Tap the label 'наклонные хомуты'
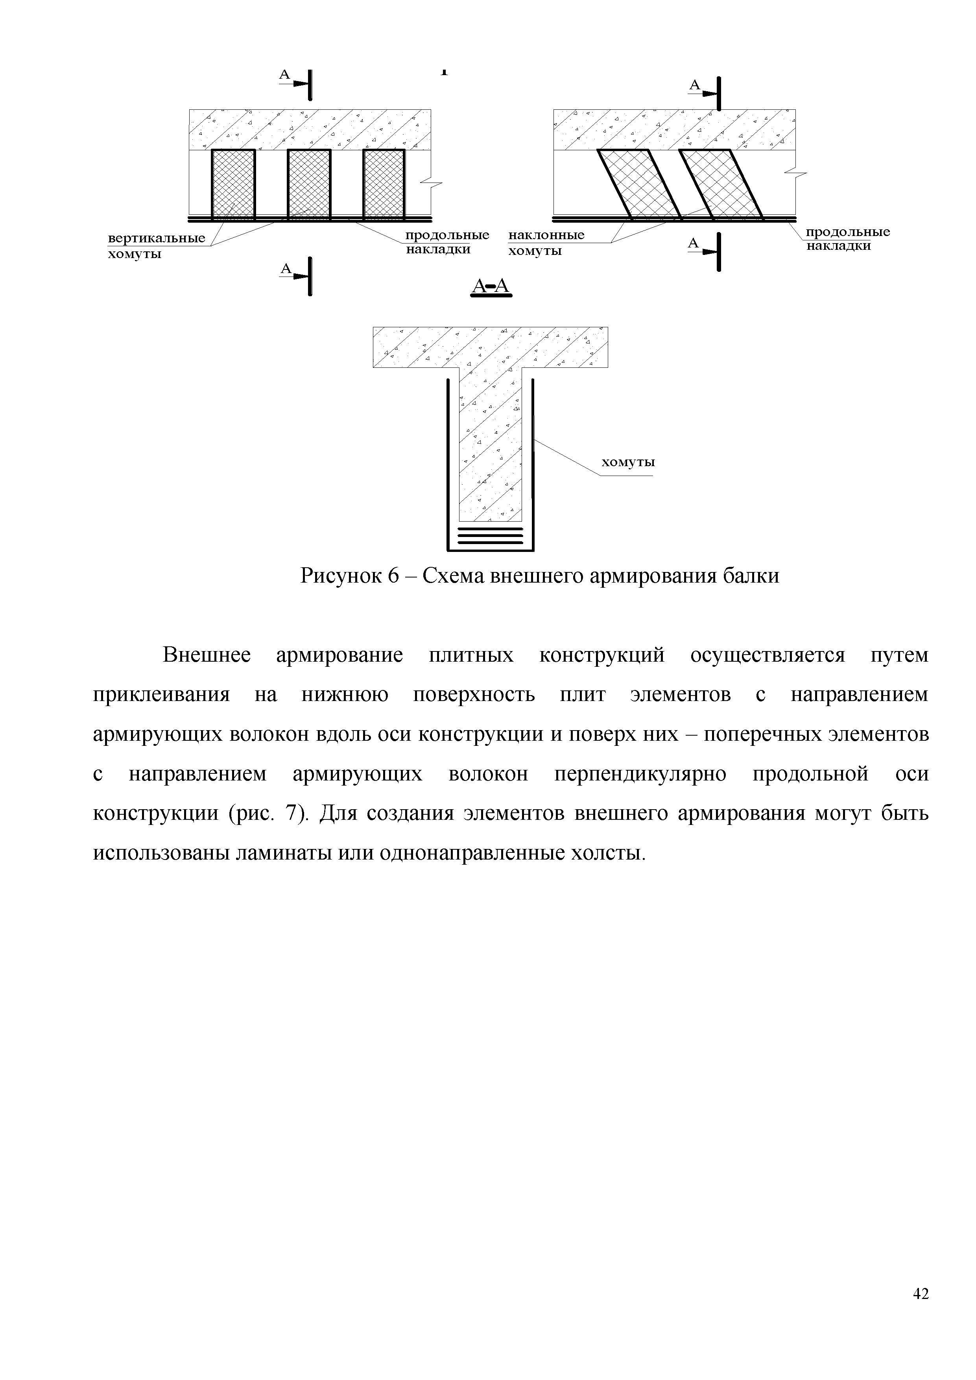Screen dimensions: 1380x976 point(546,243)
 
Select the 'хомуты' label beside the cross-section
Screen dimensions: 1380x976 point(628,462)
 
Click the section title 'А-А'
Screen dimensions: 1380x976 point(491,287)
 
